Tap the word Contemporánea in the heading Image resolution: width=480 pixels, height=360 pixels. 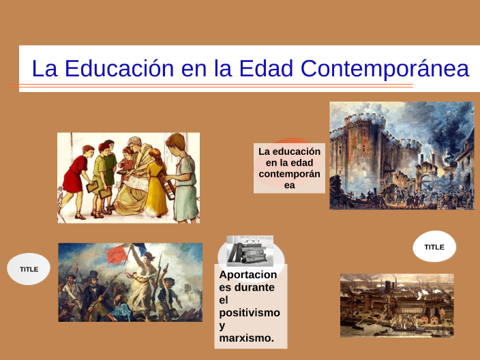click(385, 69)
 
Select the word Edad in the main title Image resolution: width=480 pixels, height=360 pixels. click(264, 69)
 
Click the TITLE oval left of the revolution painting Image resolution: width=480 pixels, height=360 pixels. click(29, 269)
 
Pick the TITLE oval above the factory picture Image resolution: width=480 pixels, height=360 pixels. click(434, 247)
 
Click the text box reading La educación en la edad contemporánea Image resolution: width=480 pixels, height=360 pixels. click(289, 168)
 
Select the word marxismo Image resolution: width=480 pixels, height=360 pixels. click(246, 337)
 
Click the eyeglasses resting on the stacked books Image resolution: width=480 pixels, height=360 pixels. click(252, 242)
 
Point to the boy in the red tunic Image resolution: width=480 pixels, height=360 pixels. click(74, 179)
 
